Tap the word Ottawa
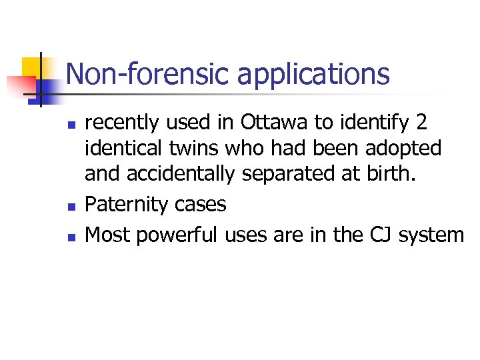click(x=279, y=123)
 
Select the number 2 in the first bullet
click(x=421, y=123)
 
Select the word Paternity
click(x=121, y=205)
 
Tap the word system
click(x=431, y=235)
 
